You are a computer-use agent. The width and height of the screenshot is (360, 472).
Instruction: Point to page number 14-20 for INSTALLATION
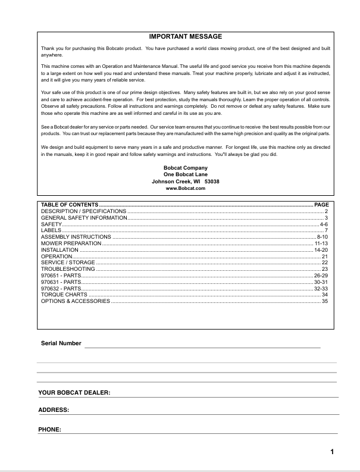tap(321, 250)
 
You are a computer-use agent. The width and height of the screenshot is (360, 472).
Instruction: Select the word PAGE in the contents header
tap(321, 205)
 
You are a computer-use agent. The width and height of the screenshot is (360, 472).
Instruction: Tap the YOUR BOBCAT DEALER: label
tap(75, 393)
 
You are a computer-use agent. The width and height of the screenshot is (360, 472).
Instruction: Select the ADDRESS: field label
tap(54, 410)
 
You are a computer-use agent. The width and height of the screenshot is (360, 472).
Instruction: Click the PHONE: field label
tap(51, 429)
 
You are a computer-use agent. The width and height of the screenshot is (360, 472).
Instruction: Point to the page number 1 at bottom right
tap(332, 452)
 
